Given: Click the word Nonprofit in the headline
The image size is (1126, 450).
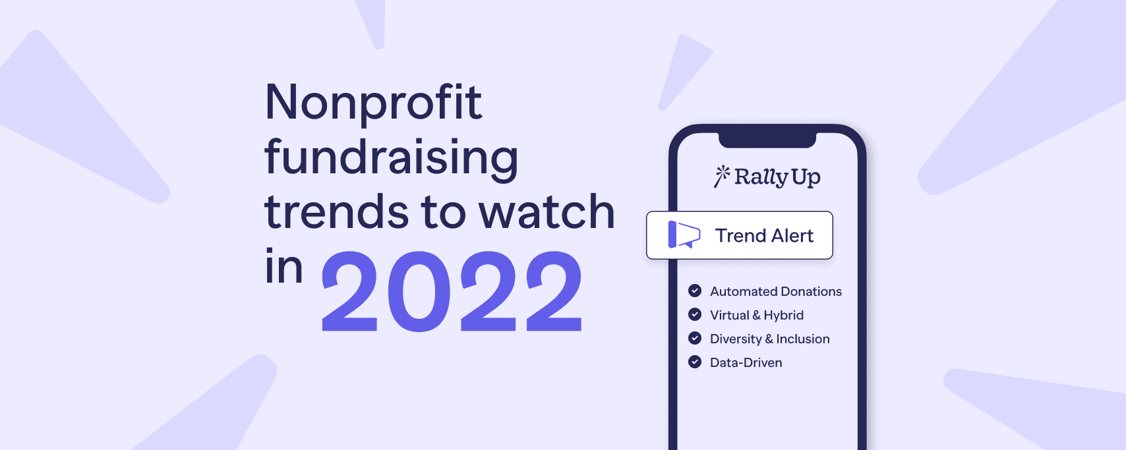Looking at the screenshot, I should coord(373,103).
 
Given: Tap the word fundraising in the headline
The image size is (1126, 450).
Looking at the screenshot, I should coord(391,158).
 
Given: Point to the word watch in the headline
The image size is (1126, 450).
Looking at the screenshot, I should coord(547,212).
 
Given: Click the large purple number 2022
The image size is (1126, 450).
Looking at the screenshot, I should coord(452,292).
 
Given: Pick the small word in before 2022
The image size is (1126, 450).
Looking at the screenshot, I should coord(283,267).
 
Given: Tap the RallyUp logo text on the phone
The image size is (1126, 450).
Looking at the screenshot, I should coord(777,177).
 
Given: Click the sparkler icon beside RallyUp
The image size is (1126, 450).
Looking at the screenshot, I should coord(722,176).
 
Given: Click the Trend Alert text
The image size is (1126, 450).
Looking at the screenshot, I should coord(764,235).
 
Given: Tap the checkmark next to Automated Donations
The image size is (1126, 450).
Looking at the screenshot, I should coord(695,291).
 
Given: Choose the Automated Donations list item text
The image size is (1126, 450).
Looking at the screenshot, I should coord(775,291).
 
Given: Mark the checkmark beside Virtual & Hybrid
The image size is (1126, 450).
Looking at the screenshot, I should coord(695,314).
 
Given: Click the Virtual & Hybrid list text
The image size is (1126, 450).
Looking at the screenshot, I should coord(756,315).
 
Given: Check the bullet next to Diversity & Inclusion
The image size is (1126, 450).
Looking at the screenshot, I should coord(695,338).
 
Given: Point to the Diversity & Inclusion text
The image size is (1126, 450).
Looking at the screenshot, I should coord(769,339).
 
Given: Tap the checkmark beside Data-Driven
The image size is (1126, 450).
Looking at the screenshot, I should coord(695,362).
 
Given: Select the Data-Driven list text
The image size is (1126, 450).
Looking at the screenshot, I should coord(746,362).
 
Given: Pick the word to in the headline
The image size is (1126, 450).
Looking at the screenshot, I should coord(443,212).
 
